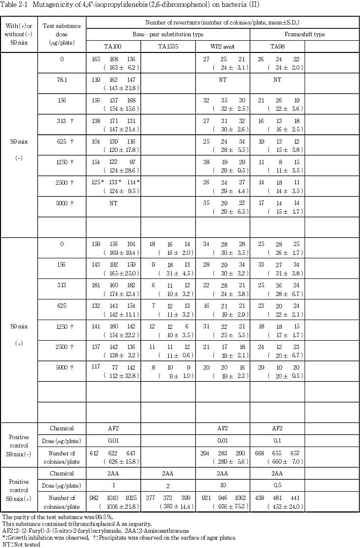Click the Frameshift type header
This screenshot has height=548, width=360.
pos(305,34)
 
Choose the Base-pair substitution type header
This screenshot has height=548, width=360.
pos(168,34)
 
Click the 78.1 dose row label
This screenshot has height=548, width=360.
pos(62,79)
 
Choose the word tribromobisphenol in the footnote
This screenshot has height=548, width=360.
pos(83,523)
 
